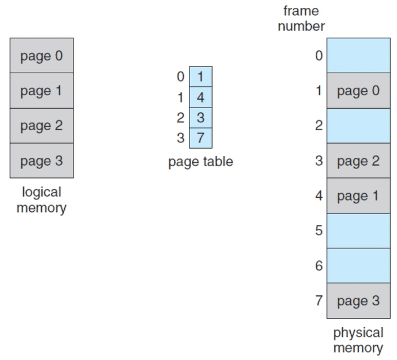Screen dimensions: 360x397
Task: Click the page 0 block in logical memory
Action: coord(41,56)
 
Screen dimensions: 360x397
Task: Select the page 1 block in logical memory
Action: coord(41,91)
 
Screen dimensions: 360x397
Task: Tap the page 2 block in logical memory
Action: coord(41,126)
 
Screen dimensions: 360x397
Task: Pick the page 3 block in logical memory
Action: coord(41,161)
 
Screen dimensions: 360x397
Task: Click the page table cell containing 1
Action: coord(200,76)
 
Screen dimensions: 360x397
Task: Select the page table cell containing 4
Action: coord(200,97)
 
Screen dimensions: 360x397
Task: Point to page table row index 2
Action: coord(180,118)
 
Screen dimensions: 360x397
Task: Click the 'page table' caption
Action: coord(200,162)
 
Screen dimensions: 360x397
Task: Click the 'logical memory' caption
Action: coord(41,200)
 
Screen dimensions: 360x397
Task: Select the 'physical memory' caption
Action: coord(358,340)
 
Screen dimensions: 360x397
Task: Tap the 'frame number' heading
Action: coord(301,19)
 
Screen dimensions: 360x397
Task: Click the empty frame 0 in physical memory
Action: coord(358,55)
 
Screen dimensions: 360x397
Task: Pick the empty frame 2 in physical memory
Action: coord(358,125)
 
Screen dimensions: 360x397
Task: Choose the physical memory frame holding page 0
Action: coord(358,91)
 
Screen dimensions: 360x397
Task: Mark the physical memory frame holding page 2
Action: coord(358,161)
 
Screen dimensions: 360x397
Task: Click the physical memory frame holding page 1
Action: coord(358,195)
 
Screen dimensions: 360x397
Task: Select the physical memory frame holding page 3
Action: coord(358,301)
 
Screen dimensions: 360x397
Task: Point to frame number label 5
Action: coord(319,230)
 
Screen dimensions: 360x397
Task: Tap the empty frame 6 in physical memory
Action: coord(358,265)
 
